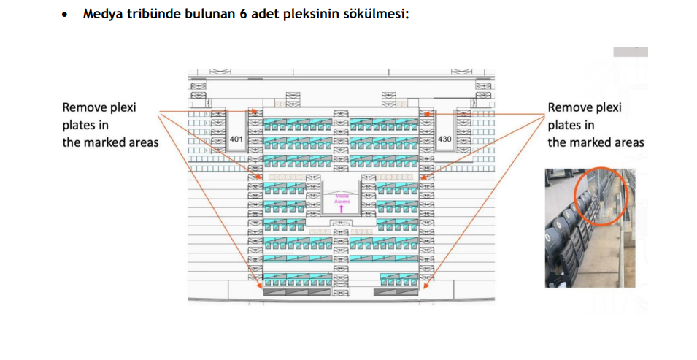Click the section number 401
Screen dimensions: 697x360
pyautogui.click(x=236, y=139)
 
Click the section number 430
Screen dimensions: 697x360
pyautogui.click(x=445, y=139)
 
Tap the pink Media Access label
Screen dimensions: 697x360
pyautogui.click(x=342, y=198)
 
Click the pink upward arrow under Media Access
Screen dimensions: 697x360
pyautogui.click(x=342, y=208)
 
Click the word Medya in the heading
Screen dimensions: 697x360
pyautogui.click(x=101, y=14)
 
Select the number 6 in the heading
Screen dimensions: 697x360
pyautogui.click(x=242, y=14)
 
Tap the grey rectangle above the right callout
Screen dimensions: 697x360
pyautogui.click(x=631, y=53)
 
